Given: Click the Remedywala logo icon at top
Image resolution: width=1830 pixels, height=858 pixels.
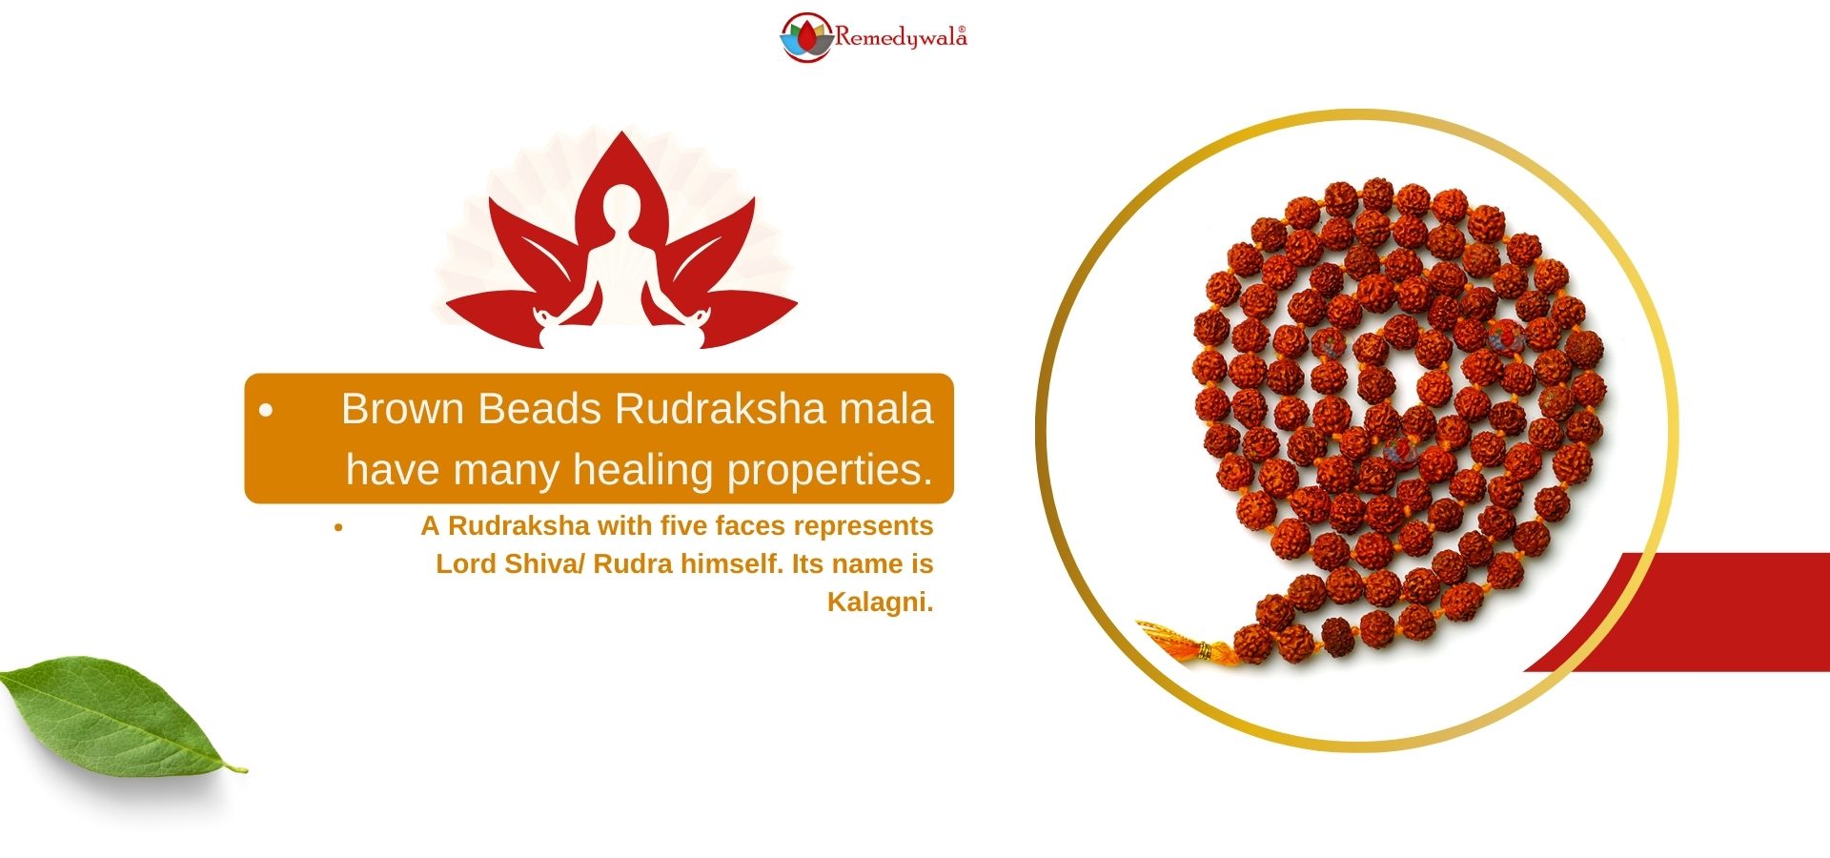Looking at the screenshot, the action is [806, 37].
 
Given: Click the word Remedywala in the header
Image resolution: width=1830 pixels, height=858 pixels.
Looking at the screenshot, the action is [900, 37].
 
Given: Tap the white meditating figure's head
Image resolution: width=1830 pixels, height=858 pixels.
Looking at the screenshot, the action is [622, 207].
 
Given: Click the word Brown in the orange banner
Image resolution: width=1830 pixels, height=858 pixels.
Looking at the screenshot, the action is [402, 409].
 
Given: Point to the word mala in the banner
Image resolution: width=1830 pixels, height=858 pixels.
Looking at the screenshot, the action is [885, 409].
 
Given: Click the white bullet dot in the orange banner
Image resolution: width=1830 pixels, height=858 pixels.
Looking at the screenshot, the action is [266, 411].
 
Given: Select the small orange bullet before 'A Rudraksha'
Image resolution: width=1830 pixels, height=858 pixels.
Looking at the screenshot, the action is [338, 526].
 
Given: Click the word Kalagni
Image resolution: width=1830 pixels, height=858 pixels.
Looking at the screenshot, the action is [880, 603].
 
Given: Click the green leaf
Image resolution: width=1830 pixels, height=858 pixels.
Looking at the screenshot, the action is [119, 715].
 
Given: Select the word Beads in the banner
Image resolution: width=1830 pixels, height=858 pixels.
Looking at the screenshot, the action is [539, 409].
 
